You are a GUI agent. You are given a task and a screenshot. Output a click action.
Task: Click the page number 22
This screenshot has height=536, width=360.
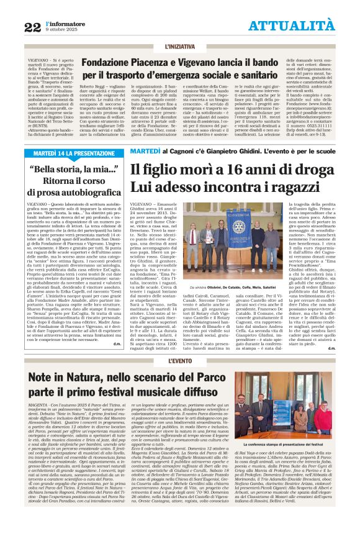coord(33,26)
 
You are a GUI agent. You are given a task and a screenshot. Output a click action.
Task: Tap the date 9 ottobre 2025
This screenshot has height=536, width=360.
coord(63,30)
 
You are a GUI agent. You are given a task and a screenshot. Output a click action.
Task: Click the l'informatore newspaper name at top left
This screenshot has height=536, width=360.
coord(63,22)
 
